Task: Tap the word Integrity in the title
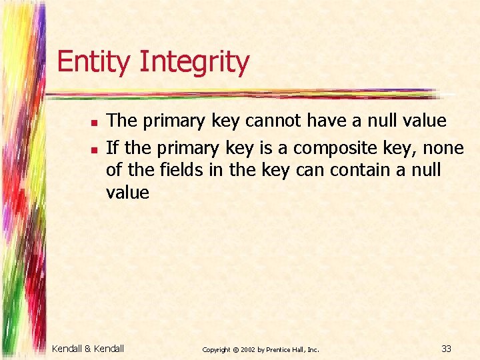(194, 62)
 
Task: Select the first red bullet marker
(95, 123)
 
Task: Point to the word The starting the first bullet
(122, 121)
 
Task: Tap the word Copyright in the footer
(217, 349)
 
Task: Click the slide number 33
(447, 348)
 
